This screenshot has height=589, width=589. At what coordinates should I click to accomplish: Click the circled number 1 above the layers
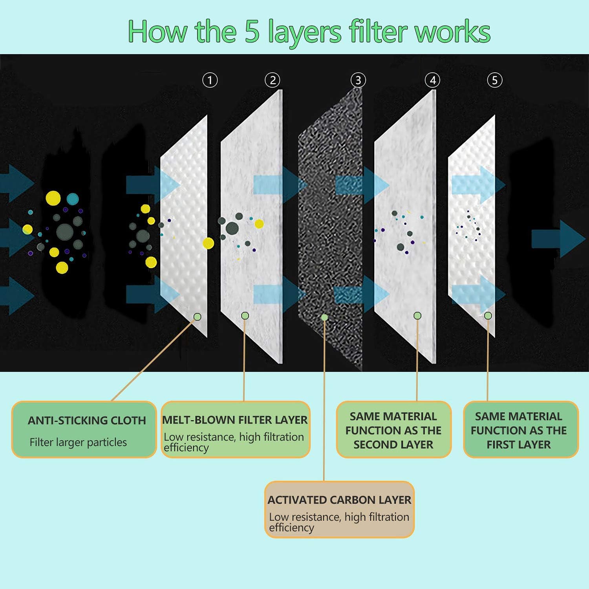coord(210,80)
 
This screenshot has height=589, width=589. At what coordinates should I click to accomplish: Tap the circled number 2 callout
coord(273,80)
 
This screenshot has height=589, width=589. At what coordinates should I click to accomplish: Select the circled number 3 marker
coord(358,80)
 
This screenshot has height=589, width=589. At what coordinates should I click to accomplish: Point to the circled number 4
coord(432,80)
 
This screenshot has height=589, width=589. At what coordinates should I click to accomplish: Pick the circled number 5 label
coord(495,80)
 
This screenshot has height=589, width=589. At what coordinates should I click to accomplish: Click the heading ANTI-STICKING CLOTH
coord(87,421)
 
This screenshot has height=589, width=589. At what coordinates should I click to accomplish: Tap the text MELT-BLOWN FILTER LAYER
coord(235,420)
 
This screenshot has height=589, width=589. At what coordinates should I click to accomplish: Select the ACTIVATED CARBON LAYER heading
coord(339,500)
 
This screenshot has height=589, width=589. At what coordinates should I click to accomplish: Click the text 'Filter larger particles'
coord(78,443)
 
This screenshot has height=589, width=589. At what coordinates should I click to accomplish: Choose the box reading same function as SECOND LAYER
coord(393,430)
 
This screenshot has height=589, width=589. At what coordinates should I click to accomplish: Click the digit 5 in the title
coord(252,31)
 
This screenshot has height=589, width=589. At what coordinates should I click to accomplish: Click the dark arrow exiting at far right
coord(558,239)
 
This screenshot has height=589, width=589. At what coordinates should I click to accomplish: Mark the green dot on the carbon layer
coord(324,317)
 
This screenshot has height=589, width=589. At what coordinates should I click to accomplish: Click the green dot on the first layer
coord(198,316)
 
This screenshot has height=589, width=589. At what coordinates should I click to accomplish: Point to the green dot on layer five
coord(488,316)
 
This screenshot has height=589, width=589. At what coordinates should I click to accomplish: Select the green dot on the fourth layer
coord(417,316)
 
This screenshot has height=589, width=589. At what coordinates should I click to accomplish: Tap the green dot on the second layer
coord(245,315)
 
